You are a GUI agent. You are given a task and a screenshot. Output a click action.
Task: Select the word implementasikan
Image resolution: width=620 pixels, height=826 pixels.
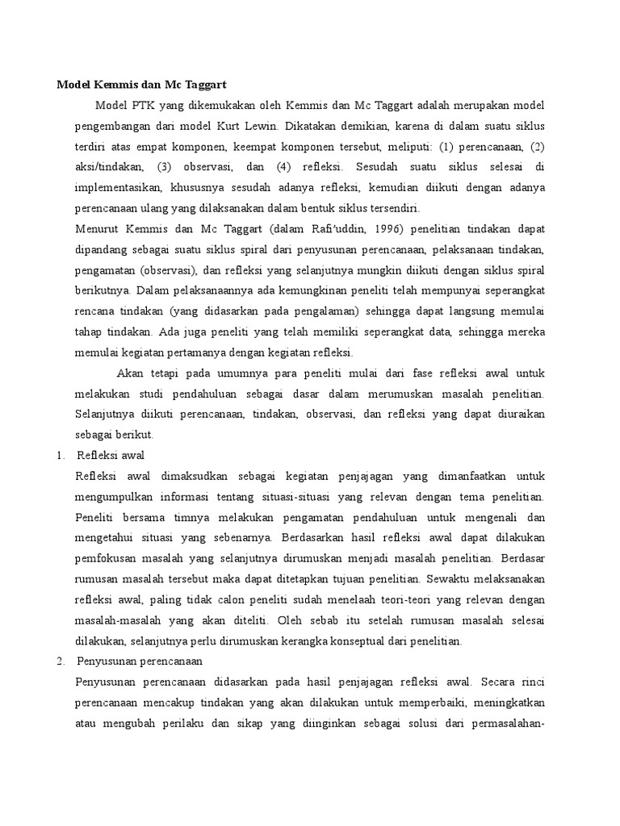click(x=119, y=188)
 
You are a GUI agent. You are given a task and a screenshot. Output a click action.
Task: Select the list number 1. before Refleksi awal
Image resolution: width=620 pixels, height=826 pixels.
click(x=61, y=455)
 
